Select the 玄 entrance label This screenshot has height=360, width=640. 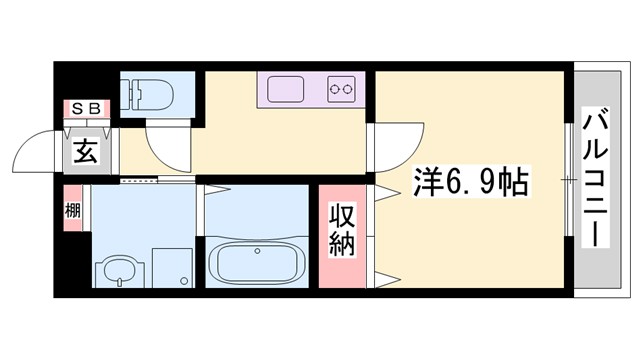(84, 154)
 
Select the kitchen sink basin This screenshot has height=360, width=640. (289, 89)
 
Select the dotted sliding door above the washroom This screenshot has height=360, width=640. (140, 182)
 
